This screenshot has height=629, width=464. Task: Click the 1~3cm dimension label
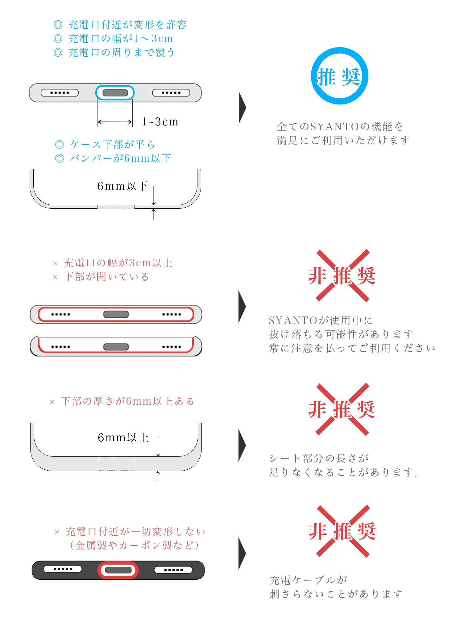160,122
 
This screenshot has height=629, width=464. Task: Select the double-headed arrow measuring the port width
115,122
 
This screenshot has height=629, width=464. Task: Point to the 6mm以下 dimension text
122,186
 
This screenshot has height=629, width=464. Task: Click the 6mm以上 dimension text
123,438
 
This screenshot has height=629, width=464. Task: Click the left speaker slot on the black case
63,569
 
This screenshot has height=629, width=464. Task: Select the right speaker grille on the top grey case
171,93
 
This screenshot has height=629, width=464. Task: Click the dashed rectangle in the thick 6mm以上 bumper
116,464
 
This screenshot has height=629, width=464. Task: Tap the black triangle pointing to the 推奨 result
242,108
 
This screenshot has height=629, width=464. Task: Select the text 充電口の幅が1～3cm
121,39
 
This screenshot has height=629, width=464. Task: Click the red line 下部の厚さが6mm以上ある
128,401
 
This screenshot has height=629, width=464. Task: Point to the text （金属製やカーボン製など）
133,545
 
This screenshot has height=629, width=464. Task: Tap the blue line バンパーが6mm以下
120,158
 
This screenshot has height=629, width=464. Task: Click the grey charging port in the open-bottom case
116,347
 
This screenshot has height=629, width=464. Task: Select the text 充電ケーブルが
309,580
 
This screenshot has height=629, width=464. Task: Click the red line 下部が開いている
106,277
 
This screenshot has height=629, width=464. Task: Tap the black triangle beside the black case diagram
242,553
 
